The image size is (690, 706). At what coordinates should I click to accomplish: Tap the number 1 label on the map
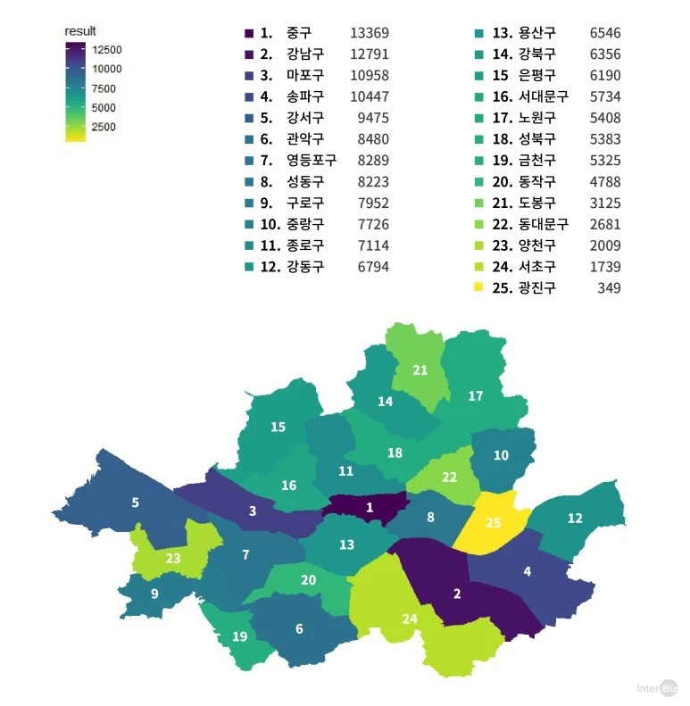[370, 508]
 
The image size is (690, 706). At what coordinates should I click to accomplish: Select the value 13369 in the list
[370, 32]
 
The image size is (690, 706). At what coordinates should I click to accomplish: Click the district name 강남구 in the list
[305, 54]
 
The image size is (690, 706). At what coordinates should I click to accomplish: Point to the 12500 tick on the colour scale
[106, 49]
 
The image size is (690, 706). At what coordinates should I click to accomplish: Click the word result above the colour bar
[80, 31]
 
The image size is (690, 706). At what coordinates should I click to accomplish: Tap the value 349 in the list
[609, 288]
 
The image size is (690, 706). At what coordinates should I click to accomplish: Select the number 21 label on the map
[420, 370]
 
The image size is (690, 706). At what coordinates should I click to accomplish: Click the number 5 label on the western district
[136, 503]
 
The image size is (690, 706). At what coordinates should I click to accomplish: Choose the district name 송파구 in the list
[305, 96]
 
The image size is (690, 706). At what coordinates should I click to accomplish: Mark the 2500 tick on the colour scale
[103, 127]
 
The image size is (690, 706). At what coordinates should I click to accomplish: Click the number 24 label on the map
[409, 619]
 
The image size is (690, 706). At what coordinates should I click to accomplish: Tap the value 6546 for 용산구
[604, 33]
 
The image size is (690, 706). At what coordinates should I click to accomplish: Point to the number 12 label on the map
[575, 518]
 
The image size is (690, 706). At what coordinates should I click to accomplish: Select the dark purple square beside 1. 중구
[249, 33]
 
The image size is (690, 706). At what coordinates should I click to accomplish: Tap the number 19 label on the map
[239, 636]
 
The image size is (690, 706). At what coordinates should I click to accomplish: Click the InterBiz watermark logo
[657, 688]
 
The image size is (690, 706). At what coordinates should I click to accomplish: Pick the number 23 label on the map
[173, 559]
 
